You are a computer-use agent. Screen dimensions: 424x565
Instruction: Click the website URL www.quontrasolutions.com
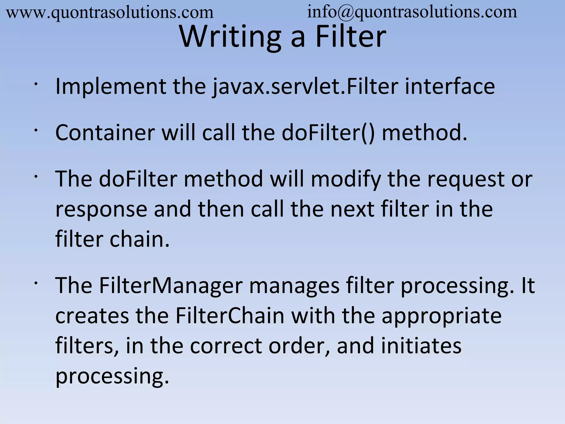coord(110,13)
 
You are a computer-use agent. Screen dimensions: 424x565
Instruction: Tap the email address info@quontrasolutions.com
coord(412,12)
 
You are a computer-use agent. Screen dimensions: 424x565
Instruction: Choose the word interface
coord(450,87)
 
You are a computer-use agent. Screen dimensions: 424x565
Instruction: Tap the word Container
coord(105,133)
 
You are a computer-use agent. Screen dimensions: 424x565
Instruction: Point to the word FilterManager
coord(171,285)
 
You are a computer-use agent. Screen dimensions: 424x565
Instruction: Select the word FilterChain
coord(230,315)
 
